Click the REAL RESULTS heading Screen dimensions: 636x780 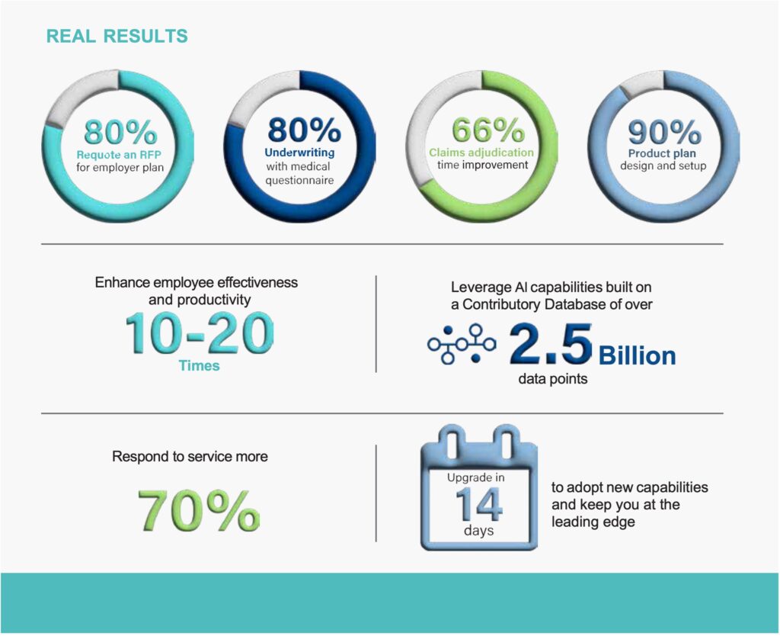tap(117, 36)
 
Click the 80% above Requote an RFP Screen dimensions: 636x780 tap(120, 132)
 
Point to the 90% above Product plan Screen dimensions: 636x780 tap(664, 132)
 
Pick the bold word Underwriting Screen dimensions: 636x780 tap(300, 153)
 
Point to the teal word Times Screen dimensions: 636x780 tap(199, 366)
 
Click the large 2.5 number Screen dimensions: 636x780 tap(550, 344)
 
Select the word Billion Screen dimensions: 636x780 tap(638, 355)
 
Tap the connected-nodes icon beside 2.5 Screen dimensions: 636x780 tap(462, 345)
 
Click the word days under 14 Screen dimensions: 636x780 tap(478, 530)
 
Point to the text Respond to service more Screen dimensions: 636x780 tap(190, 458)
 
